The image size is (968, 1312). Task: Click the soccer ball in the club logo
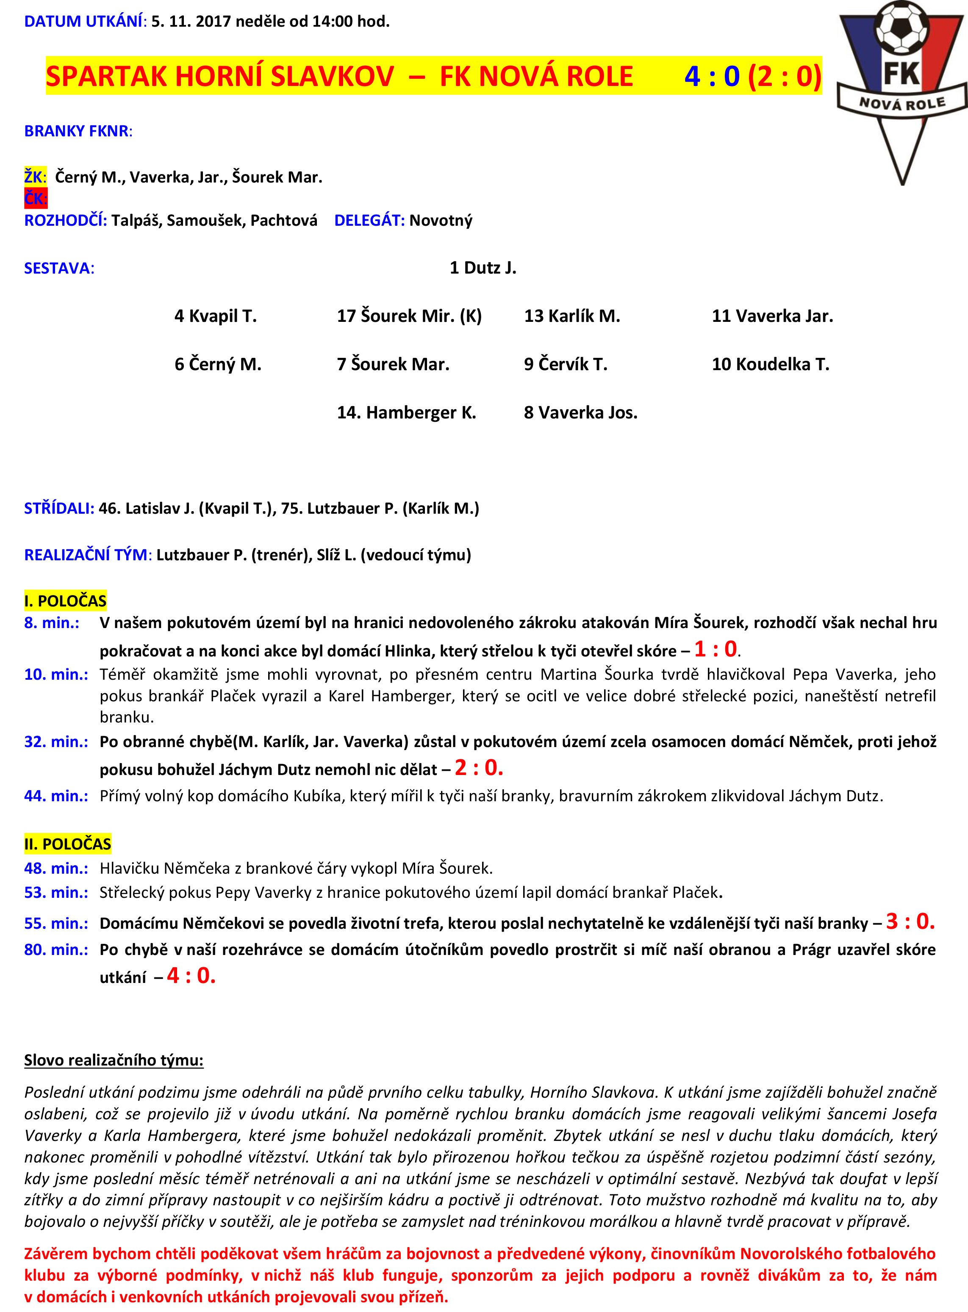(901, 26)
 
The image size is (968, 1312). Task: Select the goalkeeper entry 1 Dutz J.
(483, 268)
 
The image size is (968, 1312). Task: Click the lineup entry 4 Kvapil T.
(216, 316)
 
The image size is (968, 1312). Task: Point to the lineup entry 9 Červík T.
(566, 364)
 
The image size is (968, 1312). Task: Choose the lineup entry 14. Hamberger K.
(406, 412)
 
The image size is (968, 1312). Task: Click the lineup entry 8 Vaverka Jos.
(580, 412)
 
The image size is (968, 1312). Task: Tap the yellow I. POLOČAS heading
(65, 601)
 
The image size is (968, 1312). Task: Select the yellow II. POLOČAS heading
(67, 844)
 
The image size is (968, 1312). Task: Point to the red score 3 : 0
(910, 922)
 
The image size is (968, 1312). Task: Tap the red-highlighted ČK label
(35, 199)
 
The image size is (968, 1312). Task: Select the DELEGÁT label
(369, 221)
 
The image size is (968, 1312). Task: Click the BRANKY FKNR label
(78, 131)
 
